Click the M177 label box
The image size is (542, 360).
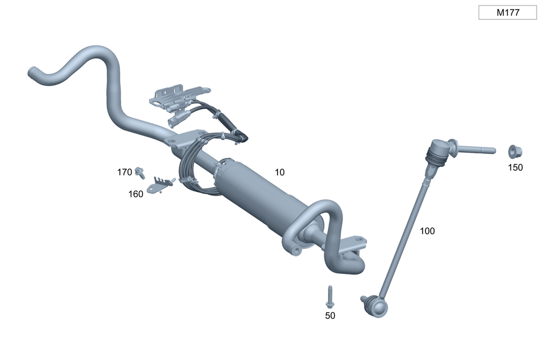[x=507, y=12]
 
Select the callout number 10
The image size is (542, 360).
[x=280, y=172]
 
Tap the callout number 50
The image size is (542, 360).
[x=330, y=316]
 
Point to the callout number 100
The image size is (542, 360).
[x=427, y=231]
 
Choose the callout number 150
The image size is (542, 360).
[x=515, y=168]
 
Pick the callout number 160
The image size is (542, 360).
[x=136, y=194]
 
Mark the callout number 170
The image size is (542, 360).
[x=125, y=172]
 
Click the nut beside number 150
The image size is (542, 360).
[x=515, y=151]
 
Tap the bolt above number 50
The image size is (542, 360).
[x=330, y=297]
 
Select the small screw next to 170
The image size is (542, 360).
[x=140, y=172]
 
